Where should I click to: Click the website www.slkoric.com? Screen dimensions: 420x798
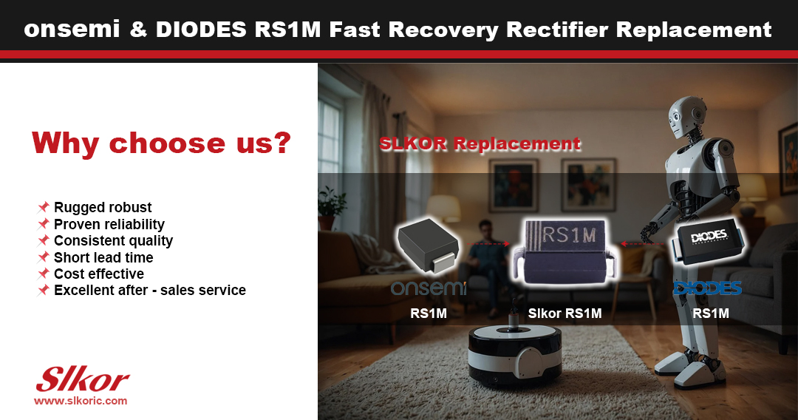[81, 401]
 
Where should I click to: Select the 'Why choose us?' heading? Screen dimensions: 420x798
[160, 143]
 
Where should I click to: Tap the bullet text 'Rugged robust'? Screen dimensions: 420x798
[103, 207]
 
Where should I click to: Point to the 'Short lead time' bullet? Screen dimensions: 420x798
[103, 257]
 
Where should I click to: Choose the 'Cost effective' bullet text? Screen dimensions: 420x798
[98, 274]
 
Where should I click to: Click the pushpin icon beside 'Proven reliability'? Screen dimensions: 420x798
[44, 223]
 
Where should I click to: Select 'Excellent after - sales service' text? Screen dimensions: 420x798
[150, 290]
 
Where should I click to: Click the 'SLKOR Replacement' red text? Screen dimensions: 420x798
[480, 143]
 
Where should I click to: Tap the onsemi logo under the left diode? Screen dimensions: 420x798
[429, 288]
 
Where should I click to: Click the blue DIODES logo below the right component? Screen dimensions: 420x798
[706, 288]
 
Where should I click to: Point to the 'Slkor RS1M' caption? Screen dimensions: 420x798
[565, 314]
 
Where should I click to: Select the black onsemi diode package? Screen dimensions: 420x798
[429, 245]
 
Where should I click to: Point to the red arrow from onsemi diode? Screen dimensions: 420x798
[488, 243]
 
